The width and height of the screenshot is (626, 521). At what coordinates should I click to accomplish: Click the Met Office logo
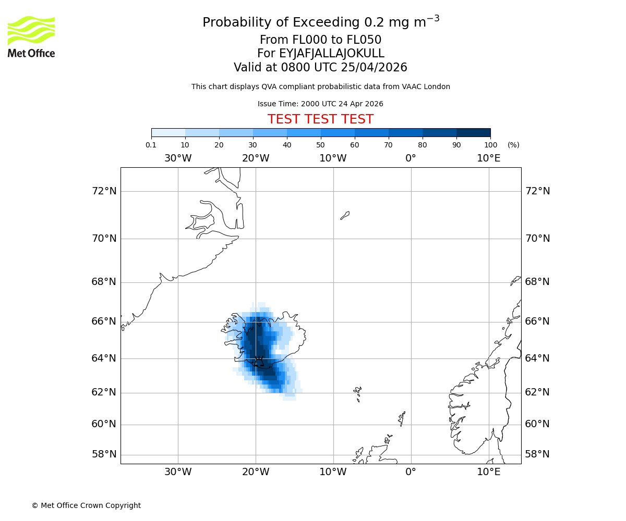tap(31, 36)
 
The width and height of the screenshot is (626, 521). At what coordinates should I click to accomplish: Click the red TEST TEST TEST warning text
tap(320, 119)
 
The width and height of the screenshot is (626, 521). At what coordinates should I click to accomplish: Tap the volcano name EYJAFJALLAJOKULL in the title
tap(332, 54)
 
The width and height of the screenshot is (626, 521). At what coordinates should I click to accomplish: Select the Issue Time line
tap(320, 104)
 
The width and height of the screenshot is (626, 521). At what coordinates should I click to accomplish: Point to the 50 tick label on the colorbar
tap(320, 145)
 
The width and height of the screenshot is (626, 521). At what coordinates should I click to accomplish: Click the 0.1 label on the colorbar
tap(151, 145)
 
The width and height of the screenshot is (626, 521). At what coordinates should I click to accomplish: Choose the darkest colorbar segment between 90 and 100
tap(473, 132)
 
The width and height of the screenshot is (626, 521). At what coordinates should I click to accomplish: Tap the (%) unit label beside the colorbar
tap(513, 145)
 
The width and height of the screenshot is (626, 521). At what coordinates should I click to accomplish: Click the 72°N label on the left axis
tap(104, 191)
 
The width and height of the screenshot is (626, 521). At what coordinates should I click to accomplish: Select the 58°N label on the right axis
tap(537, 454)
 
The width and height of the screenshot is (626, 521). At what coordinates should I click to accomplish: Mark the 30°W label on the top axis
tap(178, 158)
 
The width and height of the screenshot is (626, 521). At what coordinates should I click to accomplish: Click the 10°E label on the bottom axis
tap(489, 472)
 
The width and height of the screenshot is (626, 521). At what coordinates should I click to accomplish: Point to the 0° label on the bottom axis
tap(411, 472)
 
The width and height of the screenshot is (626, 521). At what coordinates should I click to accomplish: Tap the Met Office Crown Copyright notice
tap(86, 505)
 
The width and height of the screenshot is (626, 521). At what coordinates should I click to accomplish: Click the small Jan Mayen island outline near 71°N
tap(345, 215)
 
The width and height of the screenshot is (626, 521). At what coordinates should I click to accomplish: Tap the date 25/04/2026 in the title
tap(374, 68)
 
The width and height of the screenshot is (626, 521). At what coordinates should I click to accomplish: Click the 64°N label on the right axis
tap(537, 358)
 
